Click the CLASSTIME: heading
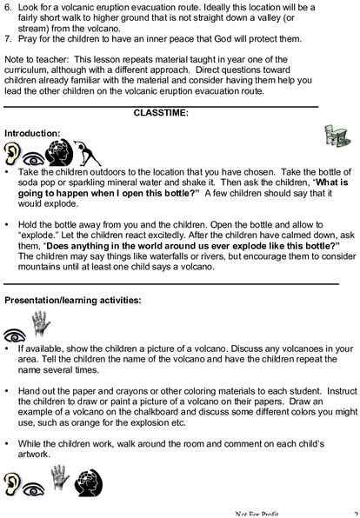coord(161,113)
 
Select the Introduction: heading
coord(32,134)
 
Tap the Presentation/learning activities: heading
coord(73,301)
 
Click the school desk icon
coord(337,136)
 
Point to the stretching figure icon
coord(87,153)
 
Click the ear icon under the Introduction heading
coord(12,153)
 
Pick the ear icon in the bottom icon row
coord(12,484)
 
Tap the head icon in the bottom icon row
coord(89,483)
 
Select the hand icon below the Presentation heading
coord(41,323)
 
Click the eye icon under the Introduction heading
coord(33,159)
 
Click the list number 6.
coord(8,7)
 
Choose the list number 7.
coord(8,39)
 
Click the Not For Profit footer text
coord(257,514)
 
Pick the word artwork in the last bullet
coord(34,455)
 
